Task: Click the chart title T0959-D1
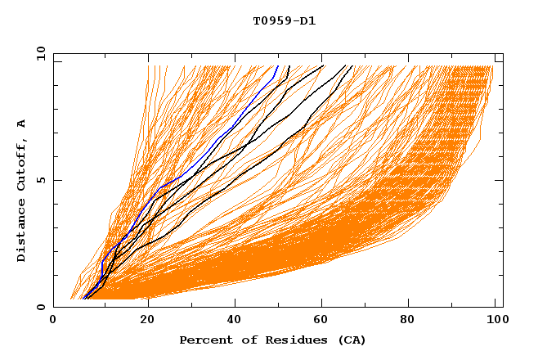(284, 21)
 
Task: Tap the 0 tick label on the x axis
(53, 321)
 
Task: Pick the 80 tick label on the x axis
(413, 321)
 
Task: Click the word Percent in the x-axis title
(203, 340)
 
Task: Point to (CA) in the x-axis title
(350, 340)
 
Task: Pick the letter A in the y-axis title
(21, 123)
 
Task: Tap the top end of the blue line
(278, 65)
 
